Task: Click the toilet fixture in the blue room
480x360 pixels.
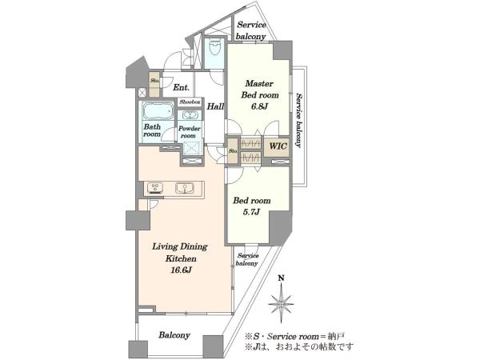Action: [x=214, y=49]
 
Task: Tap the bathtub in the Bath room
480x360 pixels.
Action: [x=158, y=112]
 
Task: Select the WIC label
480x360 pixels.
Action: [x=278, y=146]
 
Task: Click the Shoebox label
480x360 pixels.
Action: [x=190, y=102]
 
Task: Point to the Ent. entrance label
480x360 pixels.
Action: [x=181, y=87]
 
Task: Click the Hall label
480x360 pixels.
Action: [x=215, y=106]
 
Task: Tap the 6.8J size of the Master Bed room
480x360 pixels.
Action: [x=259, y=106]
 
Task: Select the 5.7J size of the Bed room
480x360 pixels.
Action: [x=252, y=211]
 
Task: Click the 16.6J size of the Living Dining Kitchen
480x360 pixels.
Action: [x=180, y=270]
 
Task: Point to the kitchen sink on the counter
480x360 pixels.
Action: [x=186, y=188]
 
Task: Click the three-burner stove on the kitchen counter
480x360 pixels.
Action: [x=155, y=188]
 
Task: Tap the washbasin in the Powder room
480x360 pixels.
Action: [x=190, y=115]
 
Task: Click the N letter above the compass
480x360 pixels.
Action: [x=281, y=278]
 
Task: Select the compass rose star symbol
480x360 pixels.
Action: [x=281, y=303]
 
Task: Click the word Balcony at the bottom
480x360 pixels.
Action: [x=174, y=335]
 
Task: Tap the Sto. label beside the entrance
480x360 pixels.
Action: [x=154, y=81]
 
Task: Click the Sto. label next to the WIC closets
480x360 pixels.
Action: [x=234, y=150]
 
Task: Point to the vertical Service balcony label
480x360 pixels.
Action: [x=298, y=120]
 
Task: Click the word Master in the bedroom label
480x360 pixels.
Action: [x=259, y=83]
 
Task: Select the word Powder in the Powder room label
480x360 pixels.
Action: [x=190, y=129]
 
